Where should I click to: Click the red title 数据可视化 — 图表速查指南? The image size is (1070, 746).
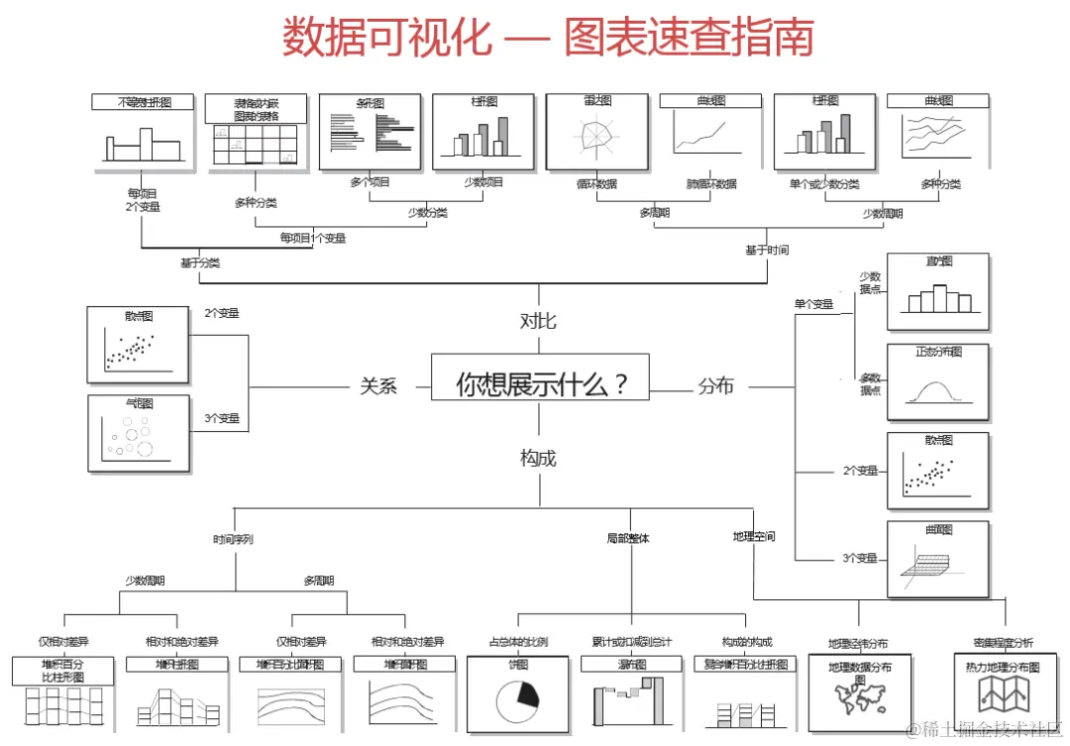(548, 38)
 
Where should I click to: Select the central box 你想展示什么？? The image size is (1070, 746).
(540, 382)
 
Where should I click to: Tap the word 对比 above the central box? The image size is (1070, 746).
(538, 320)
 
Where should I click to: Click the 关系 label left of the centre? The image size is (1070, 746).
(378, 386)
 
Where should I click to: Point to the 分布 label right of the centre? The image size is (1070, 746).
(715, 386)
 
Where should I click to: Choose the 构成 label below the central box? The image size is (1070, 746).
(538, 458)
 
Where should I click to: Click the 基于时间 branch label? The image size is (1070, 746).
(767, 251)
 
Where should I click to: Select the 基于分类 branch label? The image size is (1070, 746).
(200, 264)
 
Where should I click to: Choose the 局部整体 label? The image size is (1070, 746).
(628, 538)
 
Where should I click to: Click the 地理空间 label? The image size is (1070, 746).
(754, 536)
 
